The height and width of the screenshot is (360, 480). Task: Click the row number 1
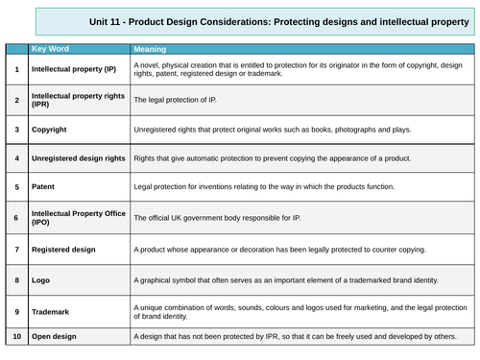pos(16,69)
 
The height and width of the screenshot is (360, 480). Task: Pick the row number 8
pos(16,280)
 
